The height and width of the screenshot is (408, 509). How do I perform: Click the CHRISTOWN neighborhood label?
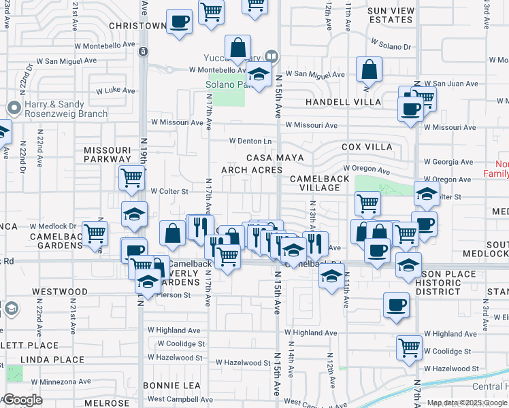(137, 26)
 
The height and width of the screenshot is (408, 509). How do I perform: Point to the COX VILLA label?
(367, 147)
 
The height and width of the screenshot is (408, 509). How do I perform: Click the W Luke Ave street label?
(115, 90)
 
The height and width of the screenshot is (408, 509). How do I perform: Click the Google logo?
(22, 400)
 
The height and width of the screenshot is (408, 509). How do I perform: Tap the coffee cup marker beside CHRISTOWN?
(179, 22)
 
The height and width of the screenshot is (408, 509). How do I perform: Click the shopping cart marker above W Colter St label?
(131, 178)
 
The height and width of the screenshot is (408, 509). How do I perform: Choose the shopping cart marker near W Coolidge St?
(409, 348)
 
